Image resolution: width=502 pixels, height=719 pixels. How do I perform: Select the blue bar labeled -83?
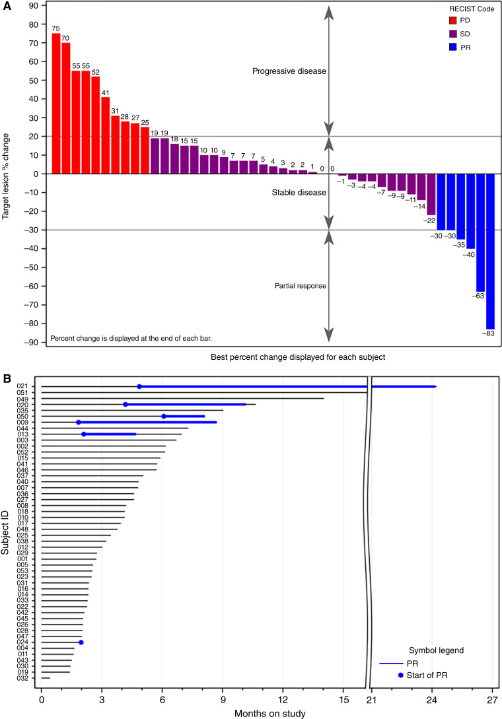point(490,251)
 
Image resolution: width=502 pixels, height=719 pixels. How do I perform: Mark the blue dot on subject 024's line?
point(81,642)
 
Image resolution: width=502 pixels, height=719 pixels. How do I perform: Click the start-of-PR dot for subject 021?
point(139,387)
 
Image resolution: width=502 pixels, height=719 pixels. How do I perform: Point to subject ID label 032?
point(22,678)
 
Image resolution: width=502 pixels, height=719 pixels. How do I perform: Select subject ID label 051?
point(22,393)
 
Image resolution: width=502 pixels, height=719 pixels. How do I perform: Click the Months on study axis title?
point(267,712)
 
